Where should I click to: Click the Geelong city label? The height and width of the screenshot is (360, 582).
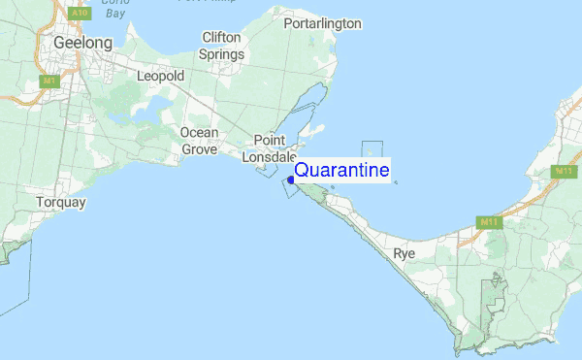point(82,44)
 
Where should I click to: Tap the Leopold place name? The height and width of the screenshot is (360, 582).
point(160,75)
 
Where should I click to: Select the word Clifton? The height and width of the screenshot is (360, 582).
point(221,38)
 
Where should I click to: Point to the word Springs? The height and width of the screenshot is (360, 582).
point(221,54)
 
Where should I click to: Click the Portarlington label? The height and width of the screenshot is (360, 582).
point(322,23)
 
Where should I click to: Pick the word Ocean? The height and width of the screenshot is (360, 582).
point(199,133)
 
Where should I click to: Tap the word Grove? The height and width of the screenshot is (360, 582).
point(199,149)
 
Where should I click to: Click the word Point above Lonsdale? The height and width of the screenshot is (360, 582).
point(270,140)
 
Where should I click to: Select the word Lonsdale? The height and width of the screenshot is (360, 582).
point(270,156)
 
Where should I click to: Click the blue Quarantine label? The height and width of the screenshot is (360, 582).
point(341,171)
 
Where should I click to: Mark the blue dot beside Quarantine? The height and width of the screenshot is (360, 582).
point(290,179)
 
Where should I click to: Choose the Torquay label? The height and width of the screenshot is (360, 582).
point(61,203)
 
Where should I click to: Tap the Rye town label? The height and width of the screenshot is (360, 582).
point(404,254)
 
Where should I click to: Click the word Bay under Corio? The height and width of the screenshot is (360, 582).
point(115,14)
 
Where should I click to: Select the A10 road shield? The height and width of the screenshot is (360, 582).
point(80,15)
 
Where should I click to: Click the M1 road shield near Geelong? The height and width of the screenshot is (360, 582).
point(48,82)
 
